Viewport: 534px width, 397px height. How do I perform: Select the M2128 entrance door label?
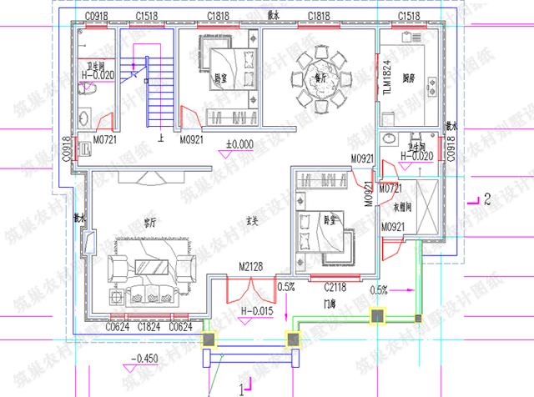point(250,266)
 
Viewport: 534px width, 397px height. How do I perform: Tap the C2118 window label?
point(335,286)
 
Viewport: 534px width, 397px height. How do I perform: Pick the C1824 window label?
point(149,327)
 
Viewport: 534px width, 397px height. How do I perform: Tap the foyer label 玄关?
point(252,222)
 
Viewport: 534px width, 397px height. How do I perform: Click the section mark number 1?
point(241,388)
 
